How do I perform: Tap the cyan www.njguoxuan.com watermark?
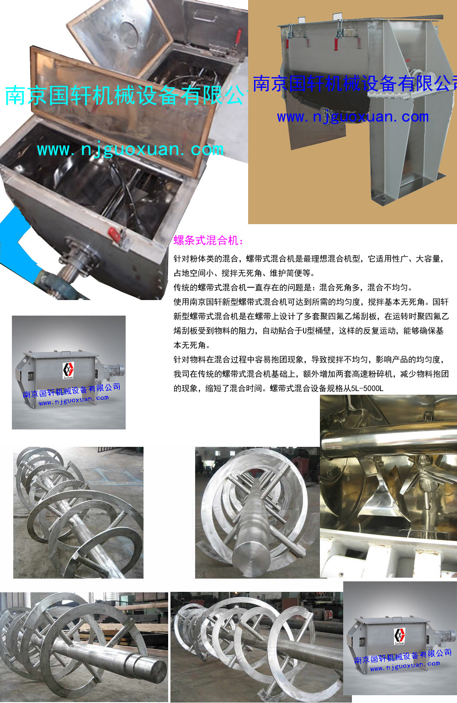130,150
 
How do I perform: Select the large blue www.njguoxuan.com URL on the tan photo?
353,117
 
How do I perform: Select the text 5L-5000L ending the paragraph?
367,388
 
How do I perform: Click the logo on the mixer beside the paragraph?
68,370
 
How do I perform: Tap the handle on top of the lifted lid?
206,16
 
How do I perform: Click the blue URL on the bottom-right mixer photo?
405,666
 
